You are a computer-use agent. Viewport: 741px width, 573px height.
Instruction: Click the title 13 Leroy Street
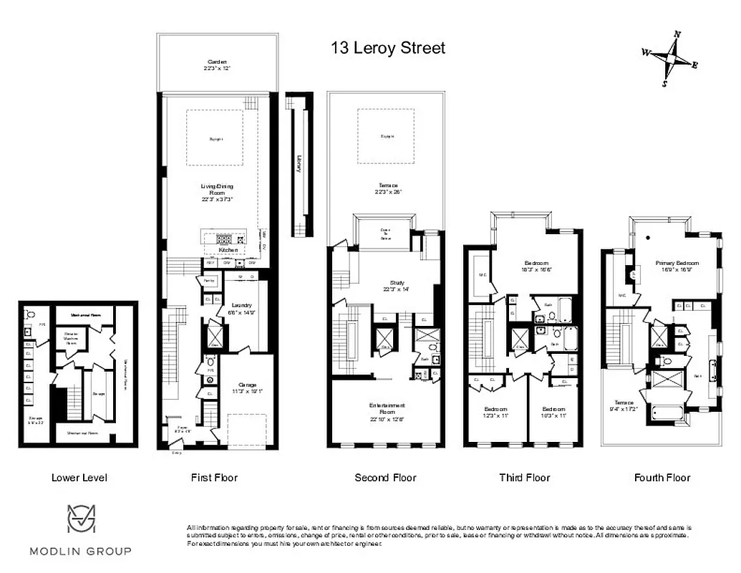click(x=387, y=48)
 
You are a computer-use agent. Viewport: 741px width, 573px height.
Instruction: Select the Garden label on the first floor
click(x=213, y=66)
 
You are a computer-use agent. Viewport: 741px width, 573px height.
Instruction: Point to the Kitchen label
click(x=228, y=250)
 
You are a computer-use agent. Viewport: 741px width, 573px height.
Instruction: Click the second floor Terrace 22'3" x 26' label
click(x=387, y=188)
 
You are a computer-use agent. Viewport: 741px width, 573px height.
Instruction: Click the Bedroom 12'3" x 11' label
click(x=495, y=412)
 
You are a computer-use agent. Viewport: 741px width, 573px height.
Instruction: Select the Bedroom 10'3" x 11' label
click(x=553, y=412)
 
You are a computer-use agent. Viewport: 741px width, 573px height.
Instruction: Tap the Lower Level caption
click(x=79, y=478)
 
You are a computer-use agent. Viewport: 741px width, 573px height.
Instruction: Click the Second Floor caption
click(x=385, y=478)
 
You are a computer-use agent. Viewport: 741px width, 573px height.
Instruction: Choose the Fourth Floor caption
click(x=662, y=478)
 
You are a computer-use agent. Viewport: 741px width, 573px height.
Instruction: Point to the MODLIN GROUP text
click(x=80, y=551)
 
